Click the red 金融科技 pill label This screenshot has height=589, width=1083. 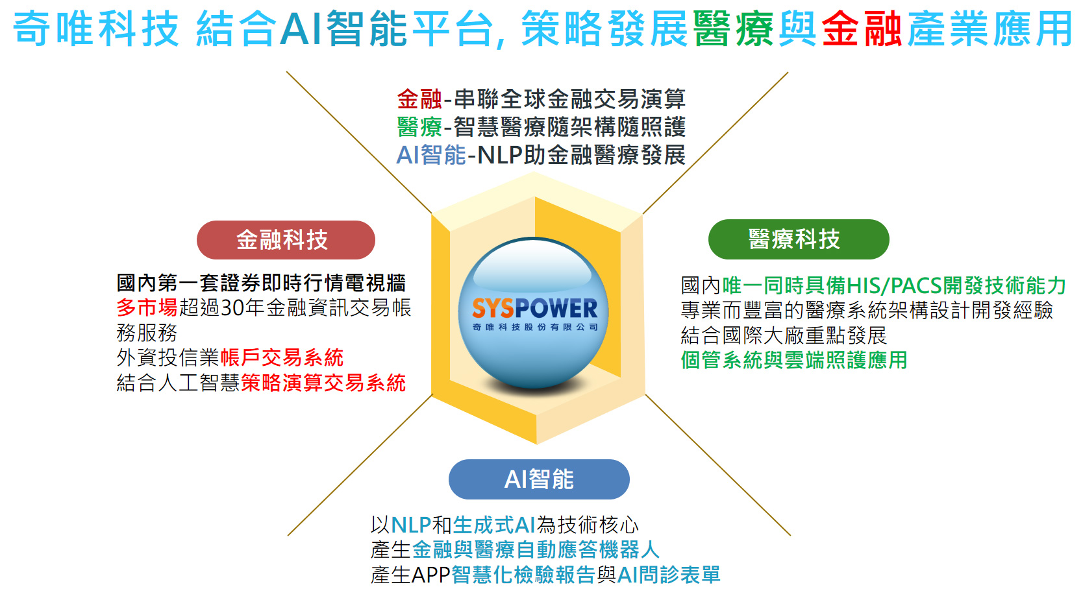click(286, 240)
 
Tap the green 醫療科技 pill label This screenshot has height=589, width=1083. click(798, 239)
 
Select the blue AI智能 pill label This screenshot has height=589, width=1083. click(539, 479)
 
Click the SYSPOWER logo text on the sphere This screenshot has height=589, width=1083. click(534, 308)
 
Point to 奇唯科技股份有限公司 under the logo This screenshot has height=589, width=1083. click(535, 327)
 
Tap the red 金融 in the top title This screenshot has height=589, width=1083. click(862, 29)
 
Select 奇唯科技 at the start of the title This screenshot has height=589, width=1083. click(96, 29)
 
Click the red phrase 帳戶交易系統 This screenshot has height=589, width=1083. click(282, 358)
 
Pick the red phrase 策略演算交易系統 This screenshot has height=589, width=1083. click(323, 383)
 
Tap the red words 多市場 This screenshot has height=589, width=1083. click(147, 307)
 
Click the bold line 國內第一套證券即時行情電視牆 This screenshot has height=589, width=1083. click(261, 283)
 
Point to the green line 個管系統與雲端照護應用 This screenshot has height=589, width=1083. click(794, 361)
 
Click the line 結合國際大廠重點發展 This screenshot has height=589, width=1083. click(784, 335)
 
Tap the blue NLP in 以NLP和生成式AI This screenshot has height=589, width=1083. click(411, 525)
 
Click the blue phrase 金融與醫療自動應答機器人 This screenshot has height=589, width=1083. click(536, 550)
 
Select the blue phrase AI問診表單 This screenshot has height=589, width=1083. click(669, 575)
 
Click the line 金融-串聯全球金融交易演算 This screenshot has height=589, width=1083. click(541, 99)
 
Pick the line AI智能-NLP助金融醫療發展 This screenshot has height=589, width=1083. click(541, 155)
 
